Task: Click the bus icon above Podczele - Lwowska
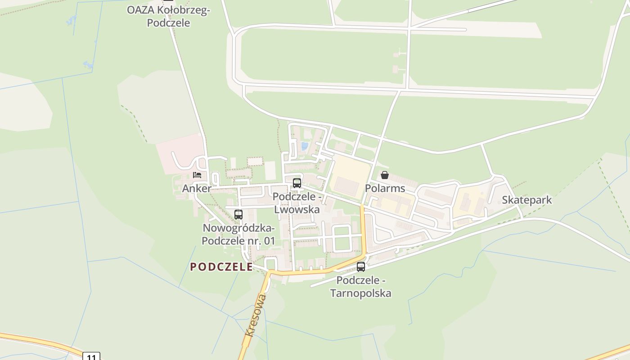[x=297, y=183]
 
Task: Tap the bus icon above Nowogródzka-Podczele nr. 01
[x=238, y=215]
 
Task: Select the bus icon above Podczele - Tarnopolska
[x=361, y=267]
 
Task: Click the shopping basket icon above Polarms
[x=385, y=175]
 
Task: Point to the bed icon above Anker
[x=197, y=175]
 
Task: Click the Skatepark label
[x=526, y=200]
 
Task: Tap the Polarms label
[x=385, y=188]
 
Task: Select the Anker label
[x=197, y=189]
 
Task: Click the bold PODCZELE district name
[x=221, y=267]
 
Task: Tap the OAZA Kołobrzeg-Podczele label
[x=168, y=16]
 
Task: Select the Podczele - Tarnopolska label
[x=361, y=287]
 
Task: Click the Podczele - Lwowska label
[x=297, y=203]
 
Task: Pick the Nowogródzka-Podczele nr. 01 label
[x=238, y=234]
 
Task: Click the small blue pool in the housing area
[x=305, y=146]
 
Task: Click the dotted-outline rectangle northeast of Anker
[x=255, y=161]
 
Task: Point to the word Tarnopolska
[x=361, y=293]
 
